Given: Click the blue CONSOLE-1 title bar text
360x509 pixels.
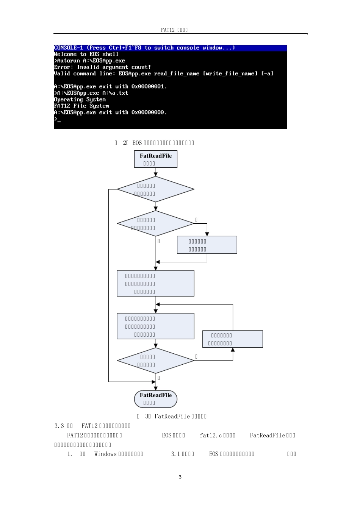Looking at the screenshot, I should point(144,48).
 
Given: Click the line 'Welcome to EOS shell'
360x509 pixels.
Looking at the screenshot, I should point(86,54).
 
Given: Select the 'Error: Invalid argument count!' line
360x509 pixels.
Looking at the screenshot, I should point(102,67).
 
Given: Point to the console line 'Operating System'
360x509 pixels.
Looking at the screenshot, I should point(80,99).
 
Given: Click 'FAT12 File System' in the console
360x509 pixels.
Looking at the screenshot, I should point(81,106).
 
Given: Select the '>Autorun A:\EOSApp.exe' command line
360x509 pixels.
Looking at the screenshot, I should point(90,61).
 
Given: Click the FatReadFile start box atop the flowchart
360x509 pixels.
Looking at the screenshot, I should point(156,159).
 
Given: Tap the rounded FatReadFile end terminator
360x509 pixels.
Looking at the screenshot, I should point(156,399).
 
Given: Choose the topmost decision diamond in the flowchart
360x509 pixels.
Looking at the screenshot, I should point(156,189).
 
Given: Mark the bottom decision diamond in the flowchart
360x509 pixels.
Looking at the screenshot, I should point(156,361).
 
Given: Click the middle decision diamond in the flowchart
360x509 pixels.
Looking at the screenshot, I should point(156,223).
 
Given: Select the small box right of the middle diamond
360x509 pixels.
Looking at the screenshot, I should point(207,245).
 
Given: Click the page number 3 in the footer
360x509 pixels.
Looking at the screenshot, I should point(180,477).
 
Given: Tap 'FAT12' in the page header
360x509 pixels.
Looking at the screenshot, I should point(167,30).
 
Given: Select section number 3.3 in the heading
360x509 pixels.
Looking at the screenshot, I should point(59,426).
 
